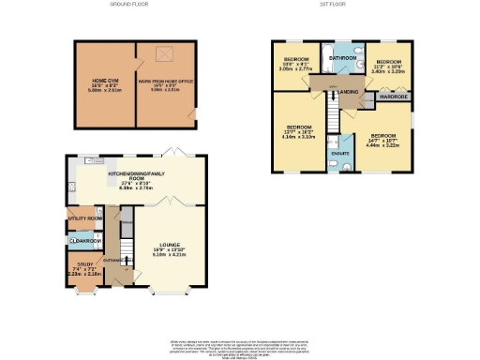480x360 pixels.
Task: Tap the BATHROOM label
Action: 342,57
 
